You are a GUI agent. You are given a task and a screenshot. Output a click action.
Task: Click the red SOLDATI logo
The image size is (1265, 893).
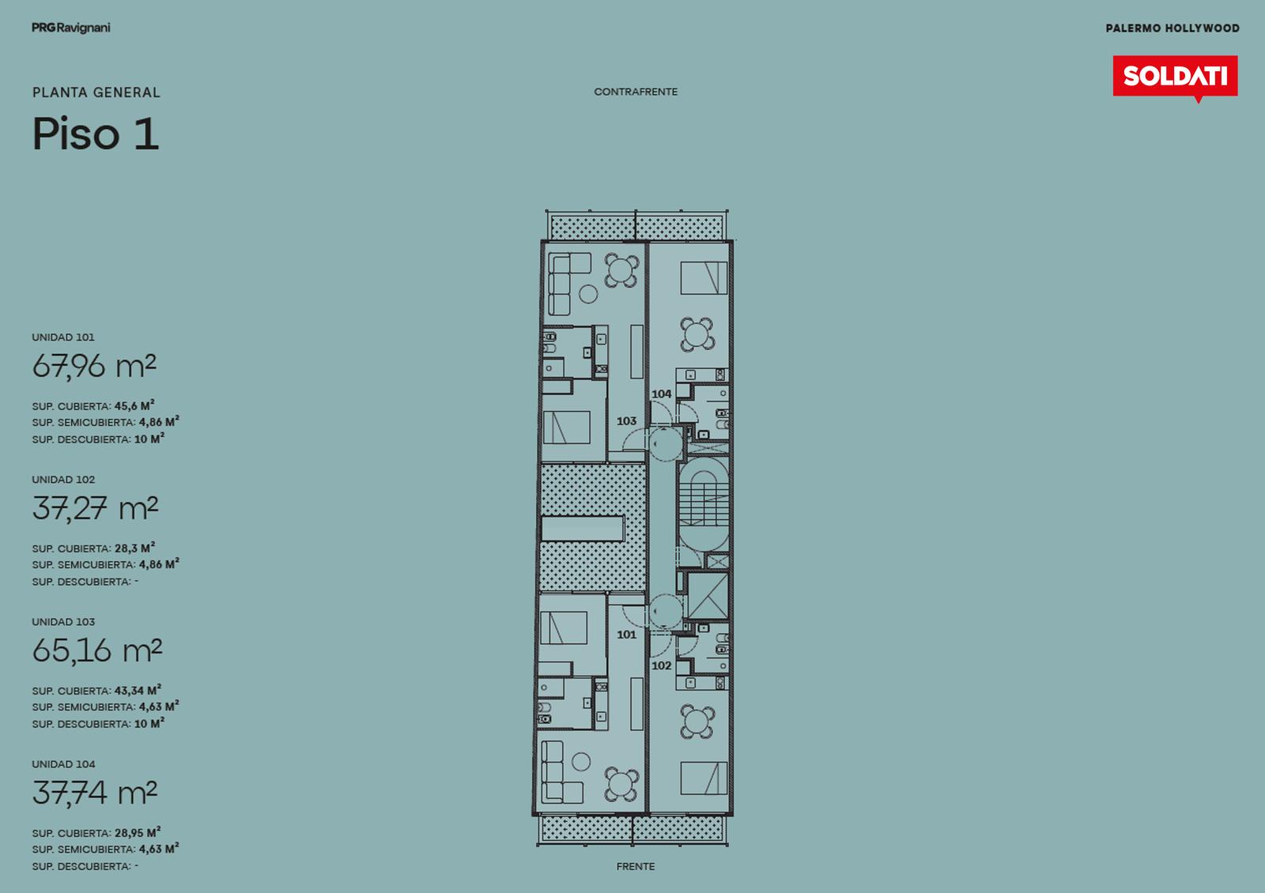point(1175,77)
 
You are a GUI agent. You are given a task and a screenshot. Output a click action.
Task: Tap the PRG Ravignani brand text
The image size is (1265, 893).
point(70,28)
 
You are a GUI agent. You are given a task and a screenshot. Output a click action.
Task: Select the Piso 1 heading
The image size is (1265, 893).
point(96,134)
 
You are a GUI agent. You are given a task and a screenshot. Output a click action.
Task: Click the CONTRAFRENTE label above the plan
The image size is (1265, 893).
point(636,92)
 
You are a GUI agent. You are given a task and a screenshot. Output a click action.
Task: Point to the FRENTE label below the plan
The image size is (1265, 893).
point(636,866)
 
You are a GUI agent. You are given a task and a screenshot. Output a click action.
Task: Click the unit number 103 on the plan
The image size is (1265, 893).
point(626,420)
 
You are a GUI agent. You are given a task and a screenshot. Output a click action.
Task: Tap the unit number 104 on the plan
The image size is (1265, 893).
point(661,394)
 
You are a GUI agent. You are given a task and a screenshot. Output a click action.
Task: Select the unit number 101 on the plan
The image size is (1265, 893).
point(626,635)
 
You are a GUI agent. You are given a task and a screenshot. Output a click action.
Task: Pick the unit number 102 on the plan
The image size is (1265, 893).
point(661,665)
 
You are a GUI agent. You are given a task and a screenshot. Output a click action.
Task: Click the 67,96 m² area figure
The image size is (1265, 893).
point(94,367)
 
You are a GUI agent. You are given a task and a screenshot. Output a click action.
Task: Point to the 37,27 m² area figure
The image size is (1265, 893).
point(95,509)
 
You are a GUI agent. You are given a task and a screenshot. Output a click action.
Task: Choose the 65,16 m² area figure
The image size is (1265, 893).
point(96,651)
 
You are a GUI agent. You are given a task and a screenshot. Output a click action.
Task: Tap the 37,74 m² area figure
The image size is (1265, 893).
point(94,793)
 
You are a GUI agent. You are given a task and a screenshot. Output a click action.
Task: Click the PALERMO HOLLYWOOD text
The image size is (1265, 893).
point(1172,28)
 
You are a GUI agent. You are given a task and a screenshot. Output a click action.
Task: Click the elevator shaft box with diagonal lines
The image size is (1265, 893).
point(707,597)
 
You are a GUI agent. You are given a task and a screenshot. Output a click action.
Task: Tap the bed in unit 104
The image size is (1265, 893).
point(704,277)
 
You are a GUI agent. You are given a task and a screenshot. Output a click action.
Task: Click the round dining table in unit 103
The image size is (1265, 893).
point(621,269)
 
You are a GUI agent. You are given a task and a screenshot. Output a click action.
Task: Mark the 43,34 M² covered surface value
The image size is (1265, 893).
point(138,690)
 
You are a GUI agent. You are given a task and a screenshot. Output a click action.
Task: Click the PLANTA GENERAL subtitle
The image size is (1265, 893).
point(96,92)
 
